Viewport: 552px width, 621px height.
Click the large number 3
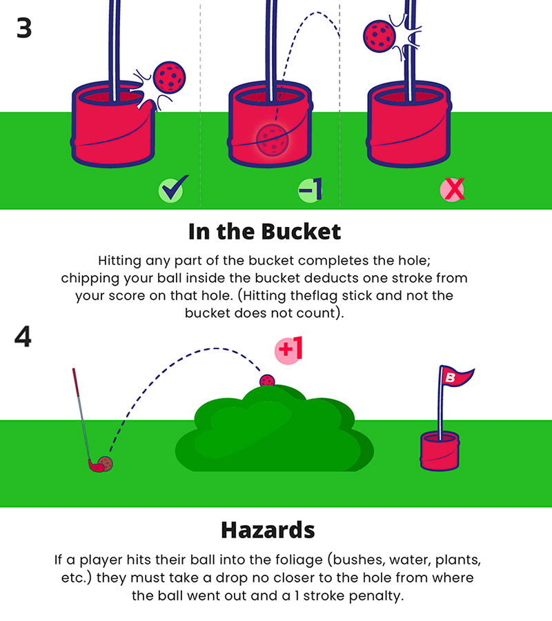(24, 28)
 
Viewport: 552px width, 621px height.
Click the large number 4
(23, 337)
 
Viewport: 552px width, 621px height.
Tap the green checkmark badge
(173, 188)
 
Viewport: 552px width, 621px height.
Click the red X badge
(452, 190)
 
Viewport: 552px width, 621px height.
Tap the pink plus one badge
(288, 350)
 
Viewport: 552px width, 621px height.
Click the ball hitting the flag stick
(379, 36)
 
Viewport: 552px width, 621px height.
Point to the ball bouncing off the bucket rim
(170, 77)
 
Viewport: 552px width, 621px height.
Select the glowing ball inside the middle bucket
(273, 140)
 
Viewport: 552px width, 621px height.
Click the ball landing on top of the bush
(267, 381)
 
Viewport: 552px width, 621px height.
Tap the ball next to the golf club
(106, 464)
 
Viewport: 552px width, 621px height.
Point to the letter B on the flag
(451, 377)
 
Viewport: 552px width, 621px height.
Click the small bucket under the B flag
(440, 451)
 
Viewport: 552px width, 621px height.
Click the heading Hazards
(268, 530)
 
